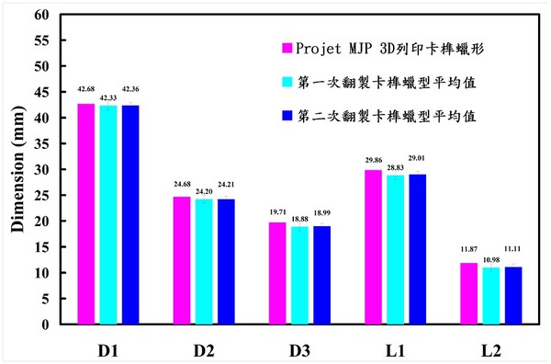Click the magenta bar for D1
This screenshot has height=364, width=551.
86,214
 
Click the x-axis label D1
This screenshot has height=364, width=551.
108,350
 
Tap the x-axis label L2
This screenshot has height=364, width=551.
488,350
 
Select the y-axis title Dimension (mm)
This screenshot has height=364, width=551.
17,170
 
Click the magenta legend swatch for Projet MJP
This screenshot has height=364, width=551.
287,47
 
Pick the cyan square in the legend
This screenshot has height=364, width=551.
287,81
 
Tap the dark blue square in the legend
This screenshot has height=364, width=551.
287,116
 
